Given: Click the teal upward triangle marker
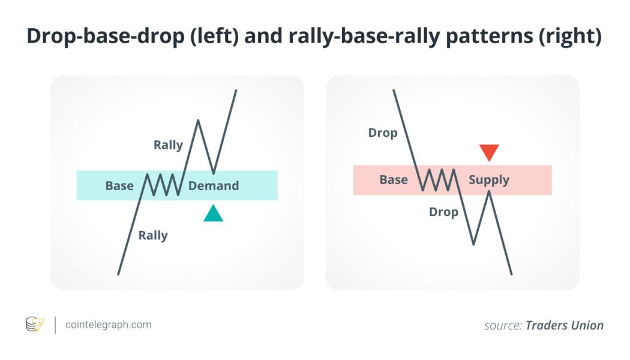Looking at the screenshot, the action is click(x=213, y=215).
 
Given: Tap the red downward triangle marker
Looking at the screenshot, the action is click(x=489, y=152).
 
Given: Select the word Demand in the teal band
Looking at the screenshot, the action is click(x=214, y=185).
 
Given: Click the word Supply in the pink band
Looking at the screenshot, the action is click(x=489, y=179).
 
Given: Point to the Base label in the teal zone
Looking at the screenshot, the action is click(x=119, y=185).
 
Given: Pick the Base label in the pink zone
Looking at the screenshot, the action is click(x=394, y=179).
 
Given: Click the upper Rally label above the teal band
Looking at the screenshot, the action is click(x=168, y=145).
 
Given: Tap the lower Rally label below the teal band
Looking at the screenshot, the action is click(x=152, y=235).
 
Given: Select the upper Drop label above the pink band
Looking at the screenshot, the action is click(x=383, y=133).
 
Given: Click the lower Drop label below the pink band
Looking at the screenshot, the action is click(x=443, y=212).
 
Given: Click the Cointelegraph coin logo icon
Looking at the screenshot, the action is click(x=35, y=325).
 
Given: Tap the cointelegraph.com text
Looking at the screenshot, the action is click(x=109, y=325).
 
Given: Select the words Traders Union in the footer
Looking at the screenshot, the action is click(x=565, y=325).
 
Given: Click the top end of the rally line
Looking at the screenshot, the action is click(x=236, y=91).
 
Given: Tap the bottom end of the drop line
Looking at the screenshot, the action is click(x=511, y=274).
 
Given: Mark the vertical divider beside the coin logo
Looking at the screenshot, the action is click(x=55, y=325).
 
